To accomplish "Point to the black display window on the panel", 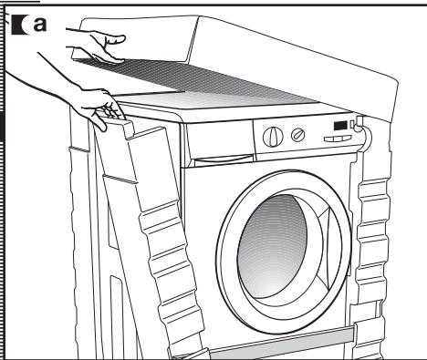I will pos(339,126).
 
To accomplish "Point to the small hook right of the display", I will pos(357,122).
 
